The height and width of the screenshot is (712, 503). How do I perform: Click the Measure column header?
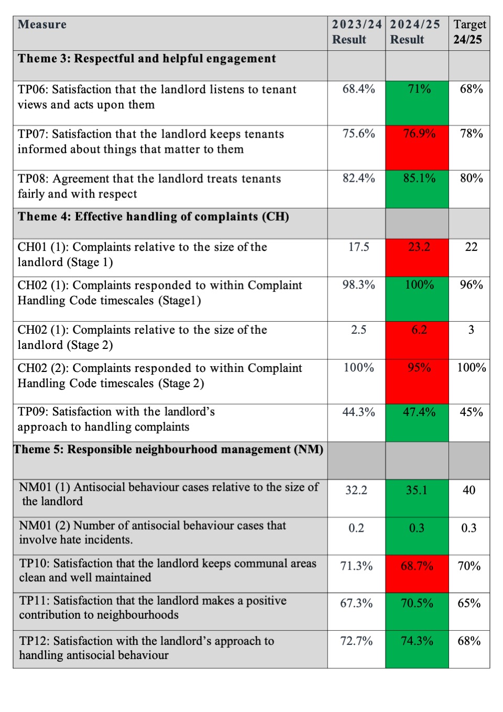42,25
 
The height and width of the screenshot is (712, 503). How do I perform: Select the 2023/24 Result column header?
356,32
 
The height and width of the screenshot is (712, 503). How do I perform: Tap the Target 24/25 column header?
469,32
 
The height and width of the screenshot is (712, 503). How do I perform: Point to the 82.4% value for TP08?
358,179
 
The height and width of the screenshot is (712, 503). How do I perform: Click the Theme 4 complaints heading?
153,217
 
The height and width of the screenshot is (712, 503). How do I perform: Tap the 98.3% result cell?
358,285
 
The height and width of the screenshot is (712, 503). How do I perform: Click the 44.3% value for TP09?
358,412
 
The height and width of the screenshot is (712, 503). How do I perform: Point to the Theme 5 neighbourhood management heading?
169,450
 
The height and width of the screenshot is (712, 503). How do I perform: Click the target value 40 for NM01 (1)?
469,490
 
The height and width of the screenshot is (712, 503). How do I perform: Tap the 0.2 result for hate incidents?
356,528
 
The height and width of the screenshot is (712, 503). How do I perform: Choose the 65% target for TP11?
469,604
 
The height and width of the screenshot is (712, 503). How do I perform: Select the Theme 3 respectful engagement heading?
147,59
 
